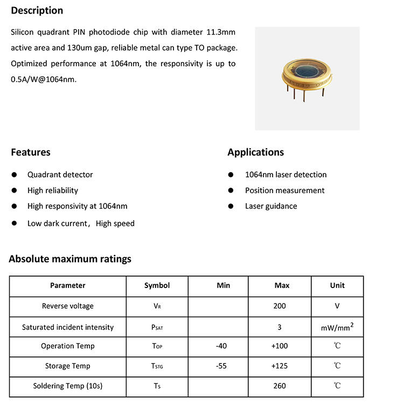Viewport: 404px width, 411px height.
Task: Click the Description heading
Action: [37, 10]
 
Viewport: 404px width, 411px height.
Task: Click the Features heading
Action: [31, 152]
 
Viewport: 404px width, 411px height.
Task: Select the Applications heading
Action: [255, 152]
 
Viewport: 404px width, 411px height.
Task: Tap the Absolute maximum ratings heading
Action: [70, 259]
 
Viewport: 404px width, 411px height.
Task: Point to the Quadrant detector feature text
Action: [60, 175]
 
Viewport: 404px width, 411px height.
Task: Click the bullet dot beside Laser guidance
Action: [231, 206]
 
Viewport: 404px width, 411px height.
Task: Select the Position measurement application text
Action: [284, 190]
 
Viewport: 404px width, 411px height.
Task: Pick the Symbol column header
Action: [157, 285]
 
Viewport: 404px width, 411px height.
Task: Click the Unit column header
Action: [337, 285]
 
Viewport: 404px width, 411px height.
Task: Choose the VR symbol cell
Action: [157, 306]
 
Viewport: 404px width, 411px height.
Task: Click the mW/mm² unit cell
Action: [337, 326]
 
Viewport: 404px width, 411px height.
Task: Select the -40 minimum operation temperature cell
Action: [221, 346]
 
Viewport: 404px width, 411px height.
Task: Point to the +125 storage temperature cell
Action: [280, 366]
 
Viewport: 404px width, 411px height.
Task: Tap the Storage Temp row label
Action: [68, 366]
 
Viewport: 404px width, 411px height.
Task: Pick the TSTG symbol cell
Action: [157, 366]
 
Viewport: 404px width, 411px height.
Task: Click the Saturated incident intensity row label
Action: [68, 327]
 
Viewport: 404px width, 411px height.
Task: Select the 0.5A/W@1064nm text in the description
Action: [44, 79]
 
